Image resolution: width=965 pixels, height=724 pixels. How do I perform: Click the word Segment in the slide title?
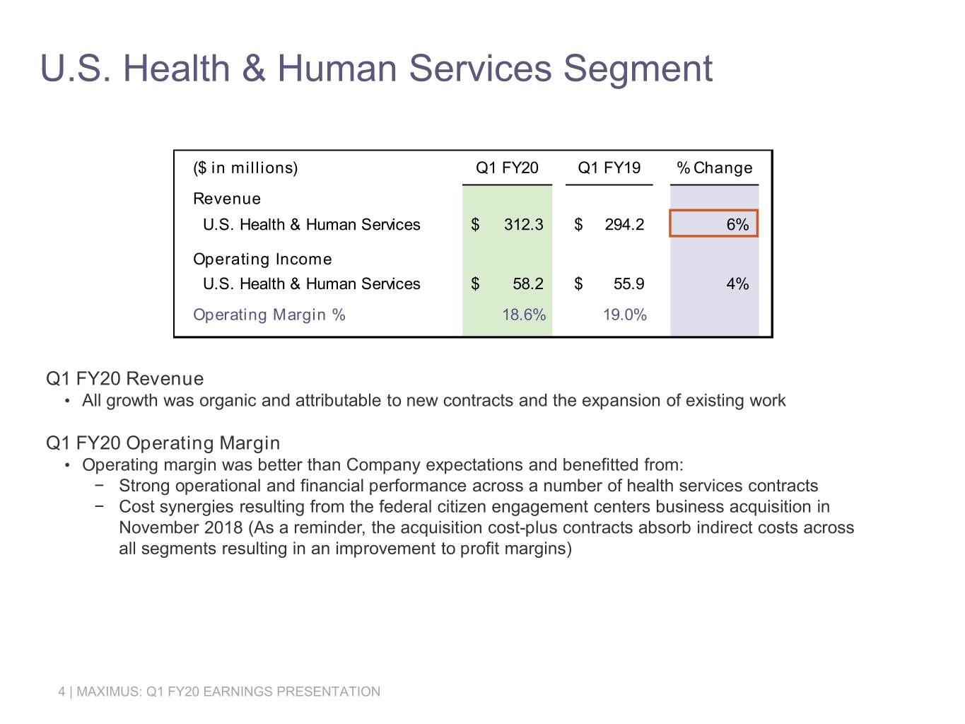click(638, 69)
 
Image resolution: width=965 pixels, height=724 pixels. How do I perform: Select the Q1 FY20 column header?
click(507, 168)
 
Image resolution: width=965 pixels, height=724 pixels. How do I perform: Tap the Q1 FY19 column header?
click(609, 168)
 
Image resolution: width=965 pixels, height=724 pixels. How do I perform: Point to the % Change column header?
click(715, 168)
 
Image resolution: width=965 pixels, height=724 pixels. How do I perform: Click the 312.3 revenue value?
click(524, 225)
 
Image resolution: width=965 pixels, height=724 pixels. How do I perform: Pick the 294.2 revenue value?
click(624, 225)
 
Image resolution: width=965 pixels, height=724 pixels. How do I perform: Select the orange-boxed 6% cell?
click(713, 223)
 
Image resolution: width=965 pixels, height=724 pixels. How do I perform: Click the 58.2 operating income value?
click(528, 284)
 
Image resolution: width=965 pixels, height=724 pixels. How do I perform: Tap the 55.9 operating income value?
click(628, 284)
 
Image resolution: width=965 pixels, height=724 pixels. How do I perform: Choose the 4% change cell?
click(737, 284)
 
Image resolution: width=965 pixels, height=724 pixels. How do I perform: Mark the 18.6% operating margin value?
click(524, 315)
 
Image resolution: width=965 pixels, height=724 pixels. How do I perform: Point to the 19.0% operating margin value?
click(624, 315)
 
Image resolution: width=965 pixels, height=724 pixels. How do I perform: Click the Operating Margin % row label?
click(269, 315)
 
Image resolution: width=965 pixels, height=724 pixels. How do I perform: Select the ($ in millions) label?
click(245, 168)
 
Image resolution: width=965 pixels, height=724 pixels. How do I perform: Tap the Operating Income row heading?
click(262, 259)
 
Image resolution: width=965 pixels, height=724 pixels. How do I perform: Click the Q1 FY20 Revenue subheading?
click(125, 379)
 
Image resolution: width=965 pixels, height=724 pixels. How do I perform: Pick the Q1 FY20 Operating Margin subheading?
click(163, 443)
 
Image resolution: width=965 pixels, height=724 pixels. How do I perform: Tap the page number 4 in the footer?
click(62, 691)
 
